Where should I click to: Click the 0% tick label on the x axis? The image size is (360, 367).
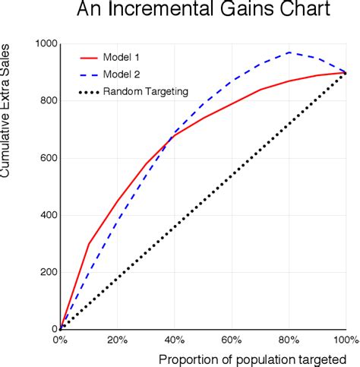60,339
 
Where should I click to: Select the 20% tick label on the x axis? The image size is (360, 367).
117,339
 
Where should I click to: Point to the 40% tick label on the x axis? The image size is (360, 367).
175,339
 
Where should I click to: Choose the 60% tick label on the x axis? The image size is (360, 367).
232,339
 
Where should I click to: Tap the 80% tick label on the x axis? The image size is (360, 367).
289,339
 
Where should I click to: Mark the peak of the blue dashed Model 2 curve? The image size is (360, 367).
289,52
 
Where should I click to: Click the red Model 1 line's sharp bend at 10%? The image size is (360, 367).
89,244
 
